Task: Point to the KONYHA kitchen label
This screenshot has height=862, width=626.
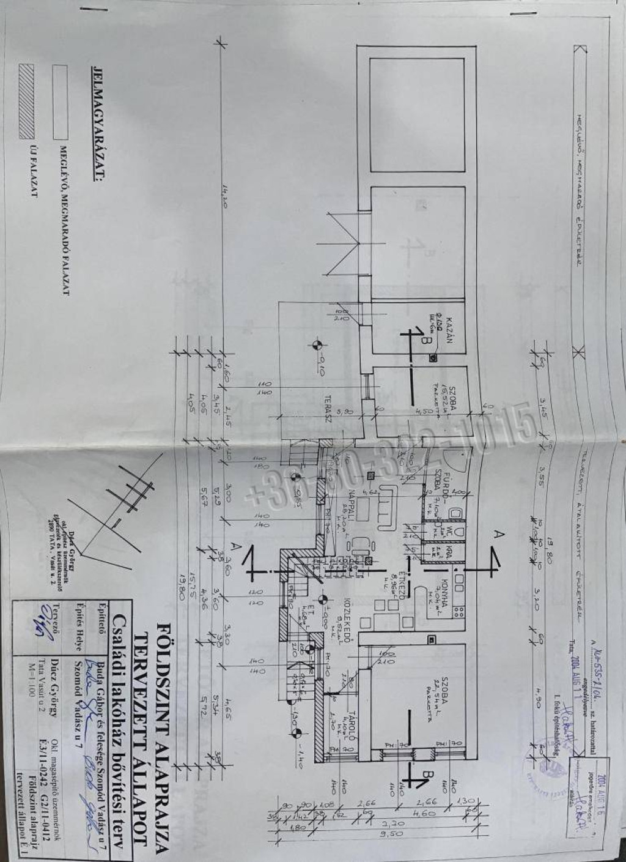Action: click(449, 589)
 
